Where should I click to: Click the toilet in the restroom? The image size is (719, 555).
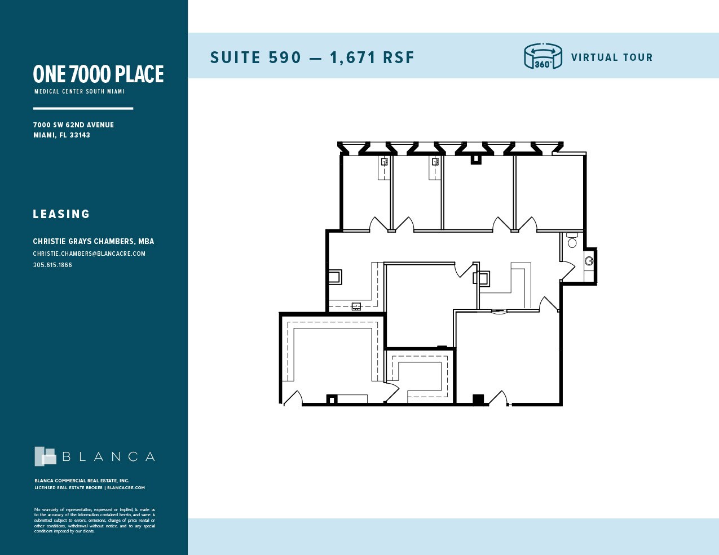(x=572, y=241)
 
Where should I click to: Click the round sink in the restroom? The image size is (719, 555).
(x=589, y=261)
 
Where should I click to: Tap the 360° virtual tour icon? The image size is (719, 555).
(x=542, y=57)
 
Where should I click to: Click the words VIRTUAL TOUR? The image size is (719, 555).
(x=611, y=57)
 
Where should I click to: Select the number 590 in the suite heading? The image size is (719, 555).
(x=284, y=57)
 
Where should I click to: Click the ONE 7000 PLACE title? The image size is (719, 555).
(x=98, y=74)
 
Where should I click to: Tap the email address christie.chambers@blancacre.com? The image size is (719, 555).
(x=89, y=254)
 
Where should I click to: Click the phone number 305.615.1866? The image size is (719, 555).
(x=52, y=265)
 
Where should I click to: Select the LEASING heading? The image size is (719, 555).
(x=61, y=214)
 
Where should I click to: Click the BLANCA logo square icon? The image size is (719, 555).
(x=45, y=456)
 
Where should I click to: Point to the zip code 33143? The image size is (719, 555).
(x=80, y=135)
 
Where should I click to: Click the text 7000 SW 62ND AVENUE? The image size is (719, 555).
(x=73, y=125)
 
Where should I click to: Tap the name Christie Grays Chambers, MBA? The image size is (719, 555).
(x=94, y=241)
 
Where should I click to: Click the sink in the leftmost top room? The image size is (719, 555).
(x=384, y=162)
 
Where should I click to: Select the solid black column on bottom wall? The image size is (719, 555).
(x=478, y=399)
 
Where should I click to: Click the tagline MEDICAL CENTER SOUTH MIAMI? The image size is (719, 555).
(x=80, y=91)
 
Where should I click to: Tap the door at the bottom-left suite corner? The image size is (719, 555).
(x=292, y=398)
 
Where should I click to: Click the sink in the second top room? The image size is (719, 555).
(x=435, y=162)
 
